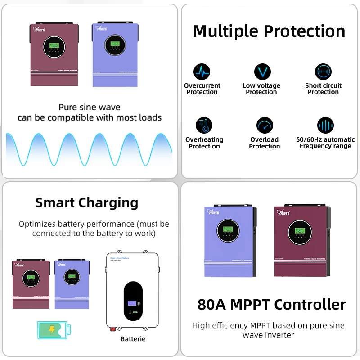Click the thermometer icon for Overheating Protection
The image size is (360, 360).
(204, 126)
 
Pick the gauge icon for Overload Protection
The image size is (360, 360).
(265, 126)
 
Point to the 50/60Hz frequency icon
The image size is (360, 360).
(325, 126)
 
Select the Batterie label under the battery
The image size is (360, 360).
(133, 338)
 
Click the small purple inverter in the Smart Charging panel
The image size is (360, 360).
(70, 283)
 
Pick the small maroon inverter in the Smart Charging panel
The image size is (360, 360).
(31, 283)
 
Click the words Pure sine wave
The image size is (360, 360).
(90, 108)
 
